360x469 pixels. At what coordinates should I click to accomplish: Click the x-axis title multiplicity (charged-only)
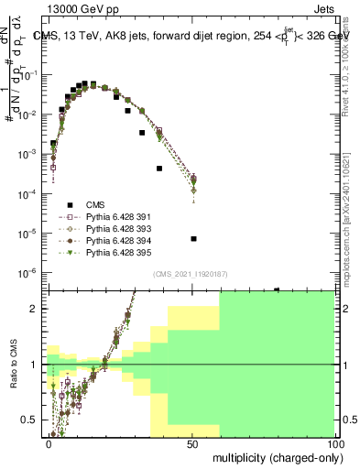coord(274,457)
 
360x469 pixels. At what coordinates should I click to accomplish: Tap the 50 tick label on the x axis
coord(193,444)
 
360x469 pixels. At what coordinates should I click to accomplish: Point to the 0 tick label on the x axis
coord(49,444)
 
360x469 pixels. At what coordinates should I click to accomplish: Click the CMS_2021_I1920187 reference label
coord(191,272)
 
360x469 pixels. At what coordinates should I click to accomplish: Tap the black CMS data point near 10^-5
coord(193,239)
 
